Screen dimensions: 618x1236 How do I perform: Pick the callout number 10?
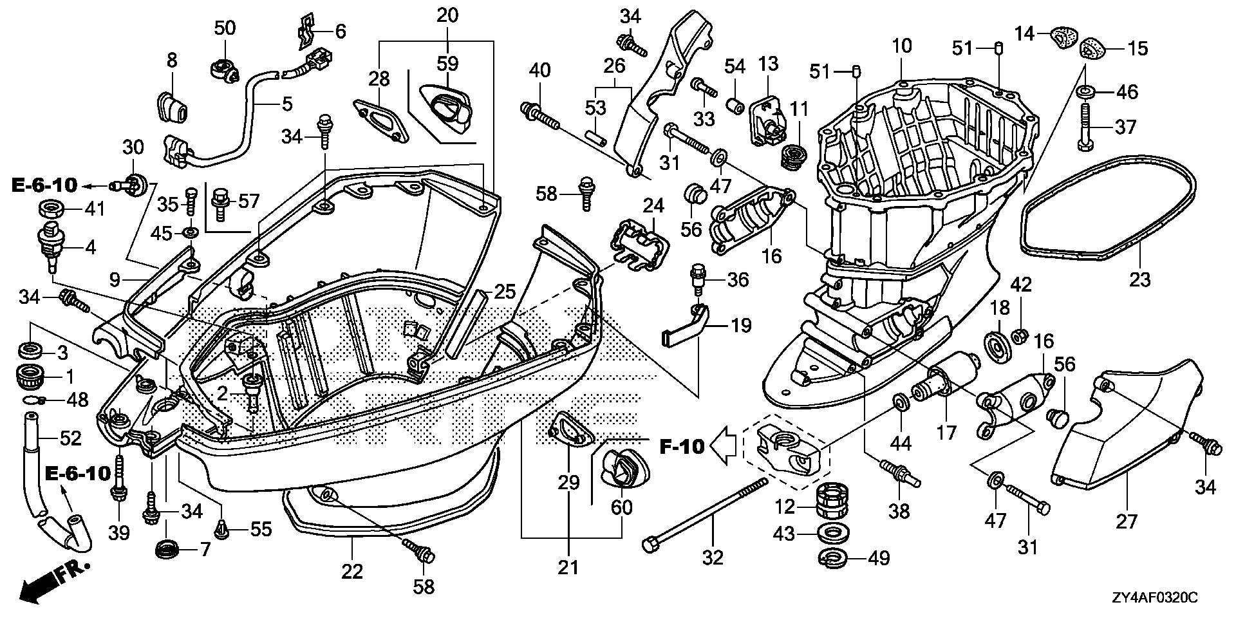(x=902, y=46)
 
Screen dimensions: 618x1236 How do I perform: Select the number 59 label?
(x=447, y=64)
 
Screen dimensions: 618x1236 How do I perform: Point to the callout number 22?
(x=352, y=570)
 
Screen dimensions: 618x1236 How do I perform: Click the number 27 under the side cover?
(x=1127, y=520)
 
